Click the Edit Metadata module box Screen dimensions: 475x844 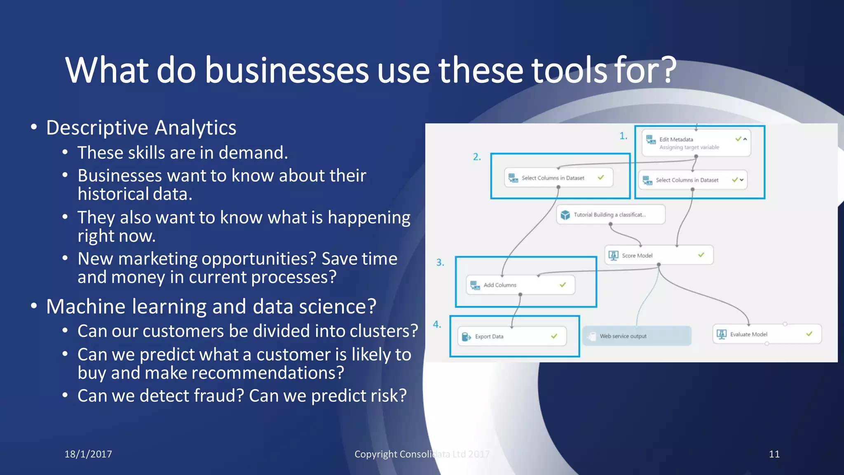696,143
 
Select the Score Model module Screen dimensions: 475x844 658,255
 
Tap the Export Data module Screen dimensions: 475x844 511,336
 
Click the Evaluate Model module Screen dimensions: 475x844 767,334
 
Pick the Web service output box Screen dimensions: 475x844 636,336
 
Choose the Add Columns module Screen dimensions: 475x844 520,285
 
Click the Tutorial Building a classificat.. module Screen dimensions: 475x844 610,214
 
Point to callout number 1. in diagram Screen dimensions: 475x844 624,136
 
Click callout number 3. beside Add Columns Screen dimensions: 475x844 440,263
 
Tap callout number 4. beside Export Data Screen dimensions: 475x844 437,325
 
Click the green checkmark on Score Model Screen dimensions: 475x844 701,255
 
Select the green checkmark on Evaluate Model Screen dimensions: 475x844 809,334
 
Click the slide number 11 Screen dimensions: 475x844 774,454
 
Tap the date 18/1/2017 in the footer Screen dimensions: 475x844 88,454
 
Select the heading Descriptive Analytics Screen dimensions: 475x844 141,127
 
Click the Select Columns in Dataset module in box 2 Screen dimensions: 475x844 558,178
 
